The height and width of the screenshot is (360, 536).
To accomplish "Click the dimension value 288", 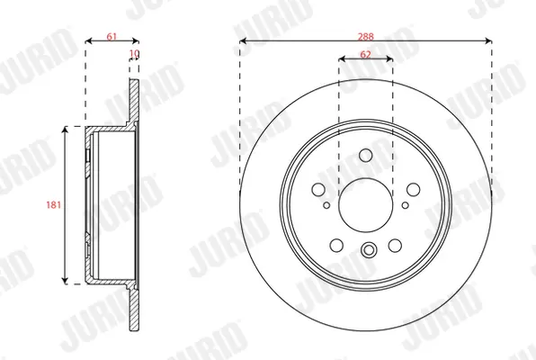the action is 365,36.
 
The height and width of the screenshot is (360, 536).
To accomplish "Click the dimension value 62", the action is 365,54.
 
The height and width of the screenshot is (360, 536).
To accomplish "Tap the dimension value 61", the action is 112,36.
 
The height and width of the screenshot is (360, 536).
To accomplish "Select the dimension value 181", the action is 53,204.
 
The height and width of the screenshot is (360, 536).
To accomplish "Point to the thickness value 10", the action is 134,53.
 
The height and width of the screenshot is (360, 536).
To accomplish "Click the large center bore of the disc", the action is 366,205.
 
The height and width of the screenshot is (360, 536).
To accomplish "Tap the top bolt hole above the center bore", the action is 366,155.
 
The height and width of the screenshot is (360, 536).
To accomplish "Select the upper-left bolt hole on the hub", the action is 318,189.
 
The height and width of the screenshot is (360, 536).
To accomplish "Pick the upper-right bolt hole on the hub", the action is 414,189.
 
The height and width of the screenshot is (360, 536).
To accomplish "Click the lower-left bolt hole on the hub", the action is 336,245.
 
